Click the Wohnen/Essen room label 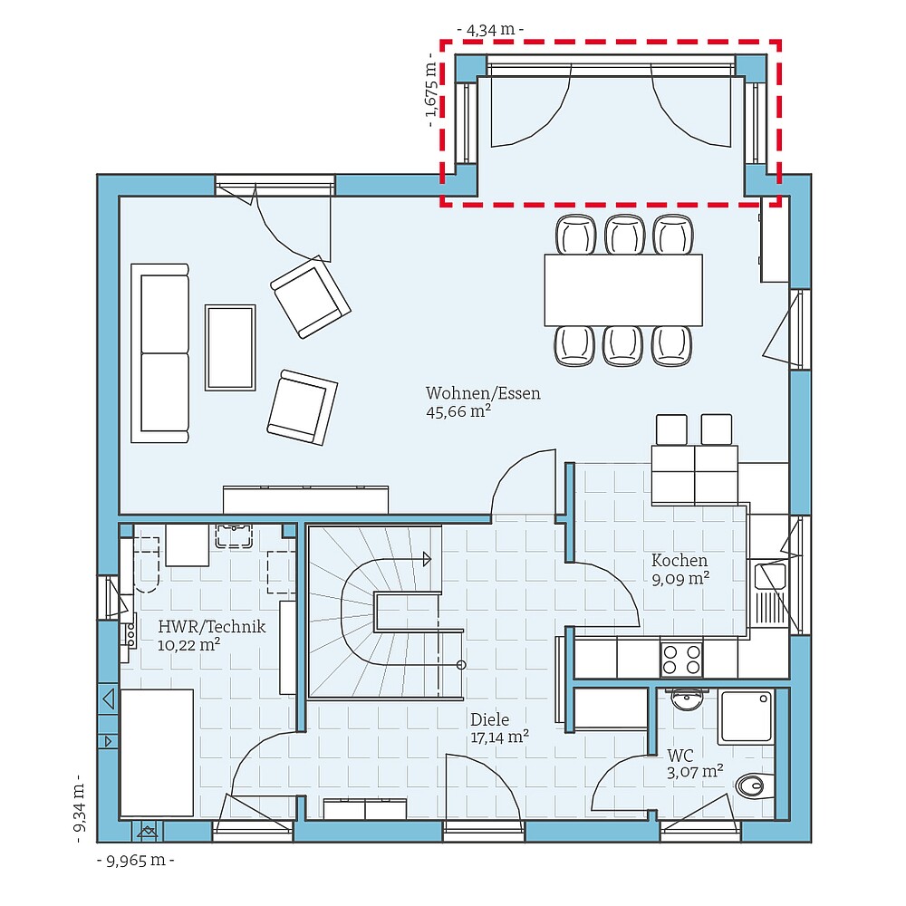click(483, 393)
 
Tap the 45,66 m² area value click(458, 411)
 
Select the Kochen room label click(679, 561)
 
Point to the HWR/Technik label click(211, 626)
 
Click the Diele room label click(489, 719)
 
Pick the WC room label click(680, 755)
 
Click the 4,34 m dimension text click(490, 30)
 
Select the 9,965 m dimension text click(136, 860)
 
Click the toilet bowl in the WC click(753, 785)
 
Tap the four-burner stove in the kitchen click(682, 659)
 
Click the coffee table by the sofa click(230, 347)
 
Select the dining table click(623, 290)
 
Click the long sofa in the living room click(160, 353)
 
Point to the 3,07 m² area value click(695, 772)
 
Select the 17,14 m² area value click(499, 737)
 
